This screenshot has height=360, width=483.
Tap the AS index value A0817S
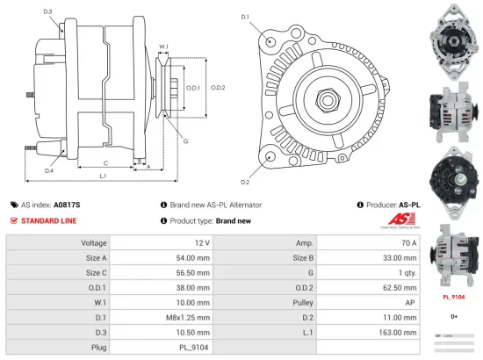67,204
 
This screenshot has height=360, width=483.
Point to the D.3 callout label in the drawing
47,11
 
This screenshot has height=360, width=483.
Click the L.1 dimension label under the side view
103,177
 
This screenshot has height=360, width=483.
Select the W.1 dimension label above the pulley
163,47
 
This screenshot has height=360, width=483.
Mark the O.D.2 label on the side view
219,87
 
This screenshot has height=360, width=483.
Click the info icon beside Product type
164,220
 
